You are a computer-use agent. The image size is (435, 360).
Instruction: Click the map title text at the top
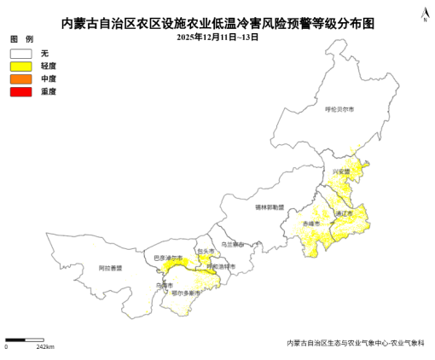[218, 25]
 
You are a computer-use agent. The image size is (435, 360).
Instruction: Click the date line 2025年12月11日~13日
[217, 38]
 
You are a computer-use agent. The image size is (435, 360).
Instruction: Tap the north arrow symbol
[424, 12]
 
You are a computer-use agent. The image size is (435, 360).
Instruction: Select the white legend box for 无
[20, 54]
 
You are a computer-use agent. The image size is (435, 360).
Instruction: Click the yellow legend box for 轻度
[20, 66]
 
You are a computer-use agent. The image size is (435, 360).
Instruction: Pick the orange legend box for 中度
[20, 78]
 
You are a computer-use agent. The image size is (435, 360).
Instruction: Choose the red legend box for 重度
[20, 90]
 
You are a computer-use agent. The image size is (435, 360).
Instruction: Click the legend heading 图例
[21, 40]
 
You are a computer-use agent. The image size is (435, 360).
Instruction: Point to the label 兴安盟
[341, 171]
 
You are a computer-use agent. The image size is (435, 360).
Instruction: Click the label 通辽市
[344, 213]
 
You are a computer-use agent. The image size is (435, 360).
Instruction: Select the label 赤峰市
[311, 224]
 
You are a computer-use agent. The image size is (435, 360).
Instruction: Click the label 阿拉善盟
[110, 268]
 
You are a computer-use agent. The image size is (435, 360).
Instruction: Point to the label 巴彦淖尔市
[168, 258]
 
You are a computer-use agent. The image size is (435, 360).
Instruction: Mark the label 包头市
[206, 252]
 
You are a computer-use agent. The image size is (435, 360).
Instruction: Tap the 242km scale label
[45, 347]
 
